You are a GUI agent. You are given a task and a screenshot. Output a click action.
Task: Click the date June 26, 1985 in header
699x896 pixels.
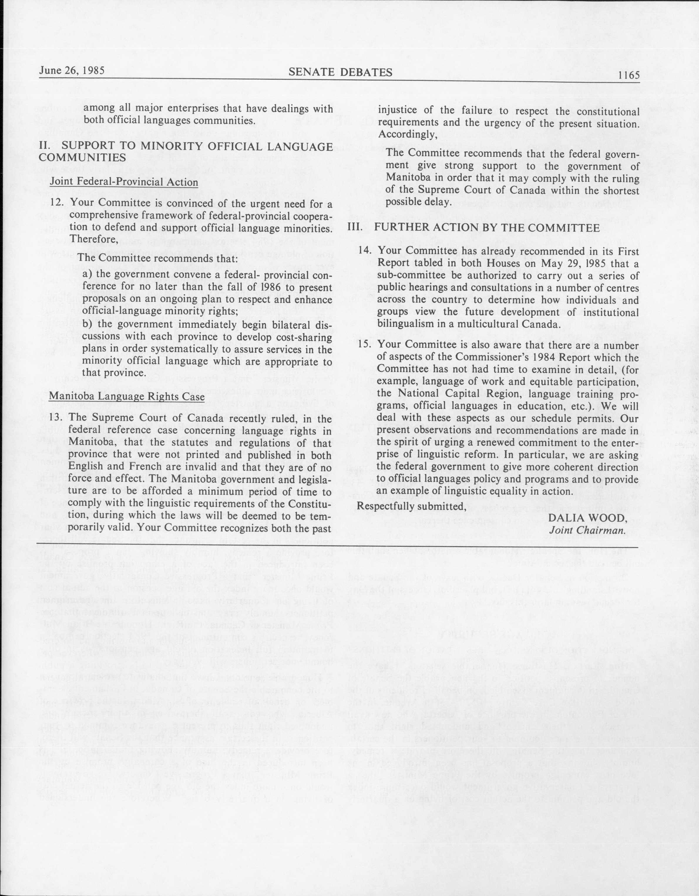[x=72, y=70]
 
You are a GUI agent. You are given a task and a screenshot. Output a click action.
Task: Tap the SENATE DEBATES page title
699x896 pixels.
[x=340, y=73]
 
